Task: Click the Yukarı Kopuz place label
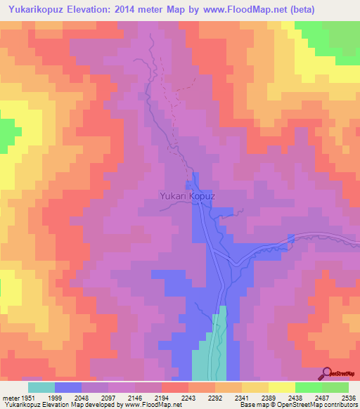pyautogui.click(x=186, y=197)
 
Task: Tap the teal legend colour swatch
pyautogui.click(x=41, y=387)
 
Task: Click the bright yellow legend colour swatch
pyautogui.click(x=282, y=387)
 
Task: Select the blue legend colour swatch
pyautogui.click(x=68, y=387)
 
